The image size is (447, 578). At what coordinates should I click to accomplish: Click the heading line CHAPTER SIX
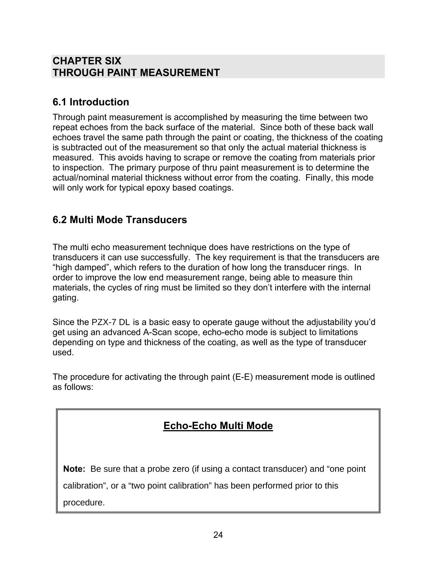(87, 61)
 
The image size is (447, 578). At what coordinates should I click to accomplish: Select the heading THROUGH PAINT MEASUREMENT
(136, 73)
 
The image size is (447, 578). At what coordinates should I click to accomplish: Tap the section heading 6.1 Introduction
(91, 102)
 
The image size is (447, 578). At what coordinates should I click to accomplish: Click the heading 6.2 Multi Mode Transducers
(120, 220)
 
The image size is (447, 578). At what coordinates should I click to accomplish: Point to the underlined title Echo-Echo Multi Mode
(218, 426)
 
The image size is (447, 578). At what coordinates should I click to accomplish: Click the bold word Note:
(74, 469)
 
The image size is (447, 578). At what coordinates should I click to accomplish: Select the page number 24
(218, 535)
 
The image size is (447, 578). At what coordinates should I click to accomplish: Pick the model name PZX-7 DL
(111, 322)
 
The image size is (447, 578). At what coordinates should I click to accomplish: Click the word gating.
(66, 298)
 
